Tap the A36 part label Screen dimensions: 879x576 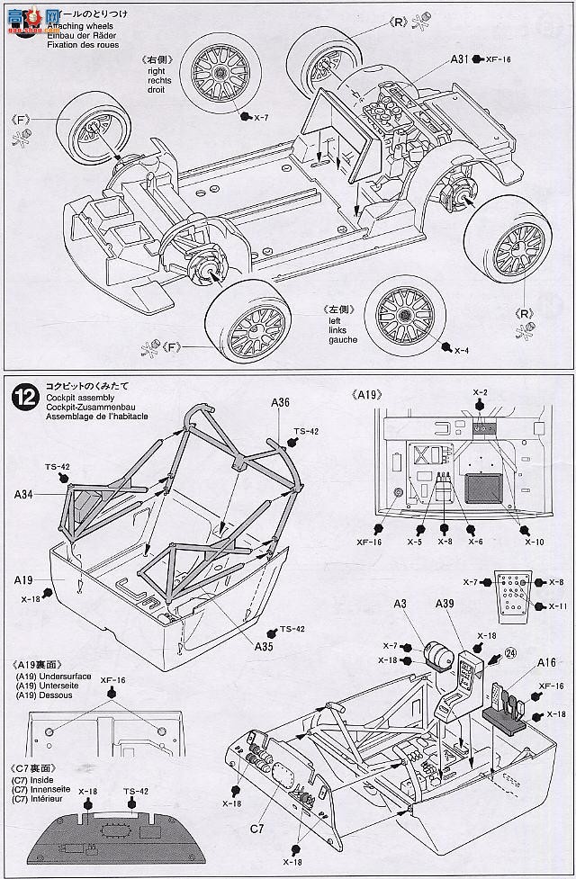click(x=278, y=404)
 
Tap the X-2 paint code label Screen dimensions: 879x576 click(x=481, y=392)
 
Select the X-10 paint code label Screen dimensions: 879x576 click(x=535, y=543)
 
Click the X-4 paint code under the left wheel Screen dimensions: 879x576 click(x=462, y=350)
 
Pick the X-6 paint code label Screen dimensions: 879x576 click(x=476, y=543)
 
